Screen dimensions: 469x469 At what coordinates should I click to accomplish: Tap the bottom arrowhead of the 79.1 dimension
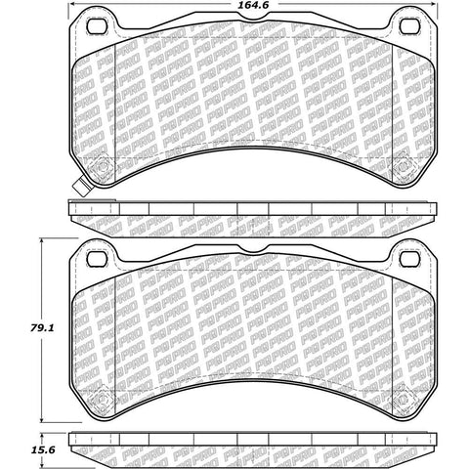tap(42, 417)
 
